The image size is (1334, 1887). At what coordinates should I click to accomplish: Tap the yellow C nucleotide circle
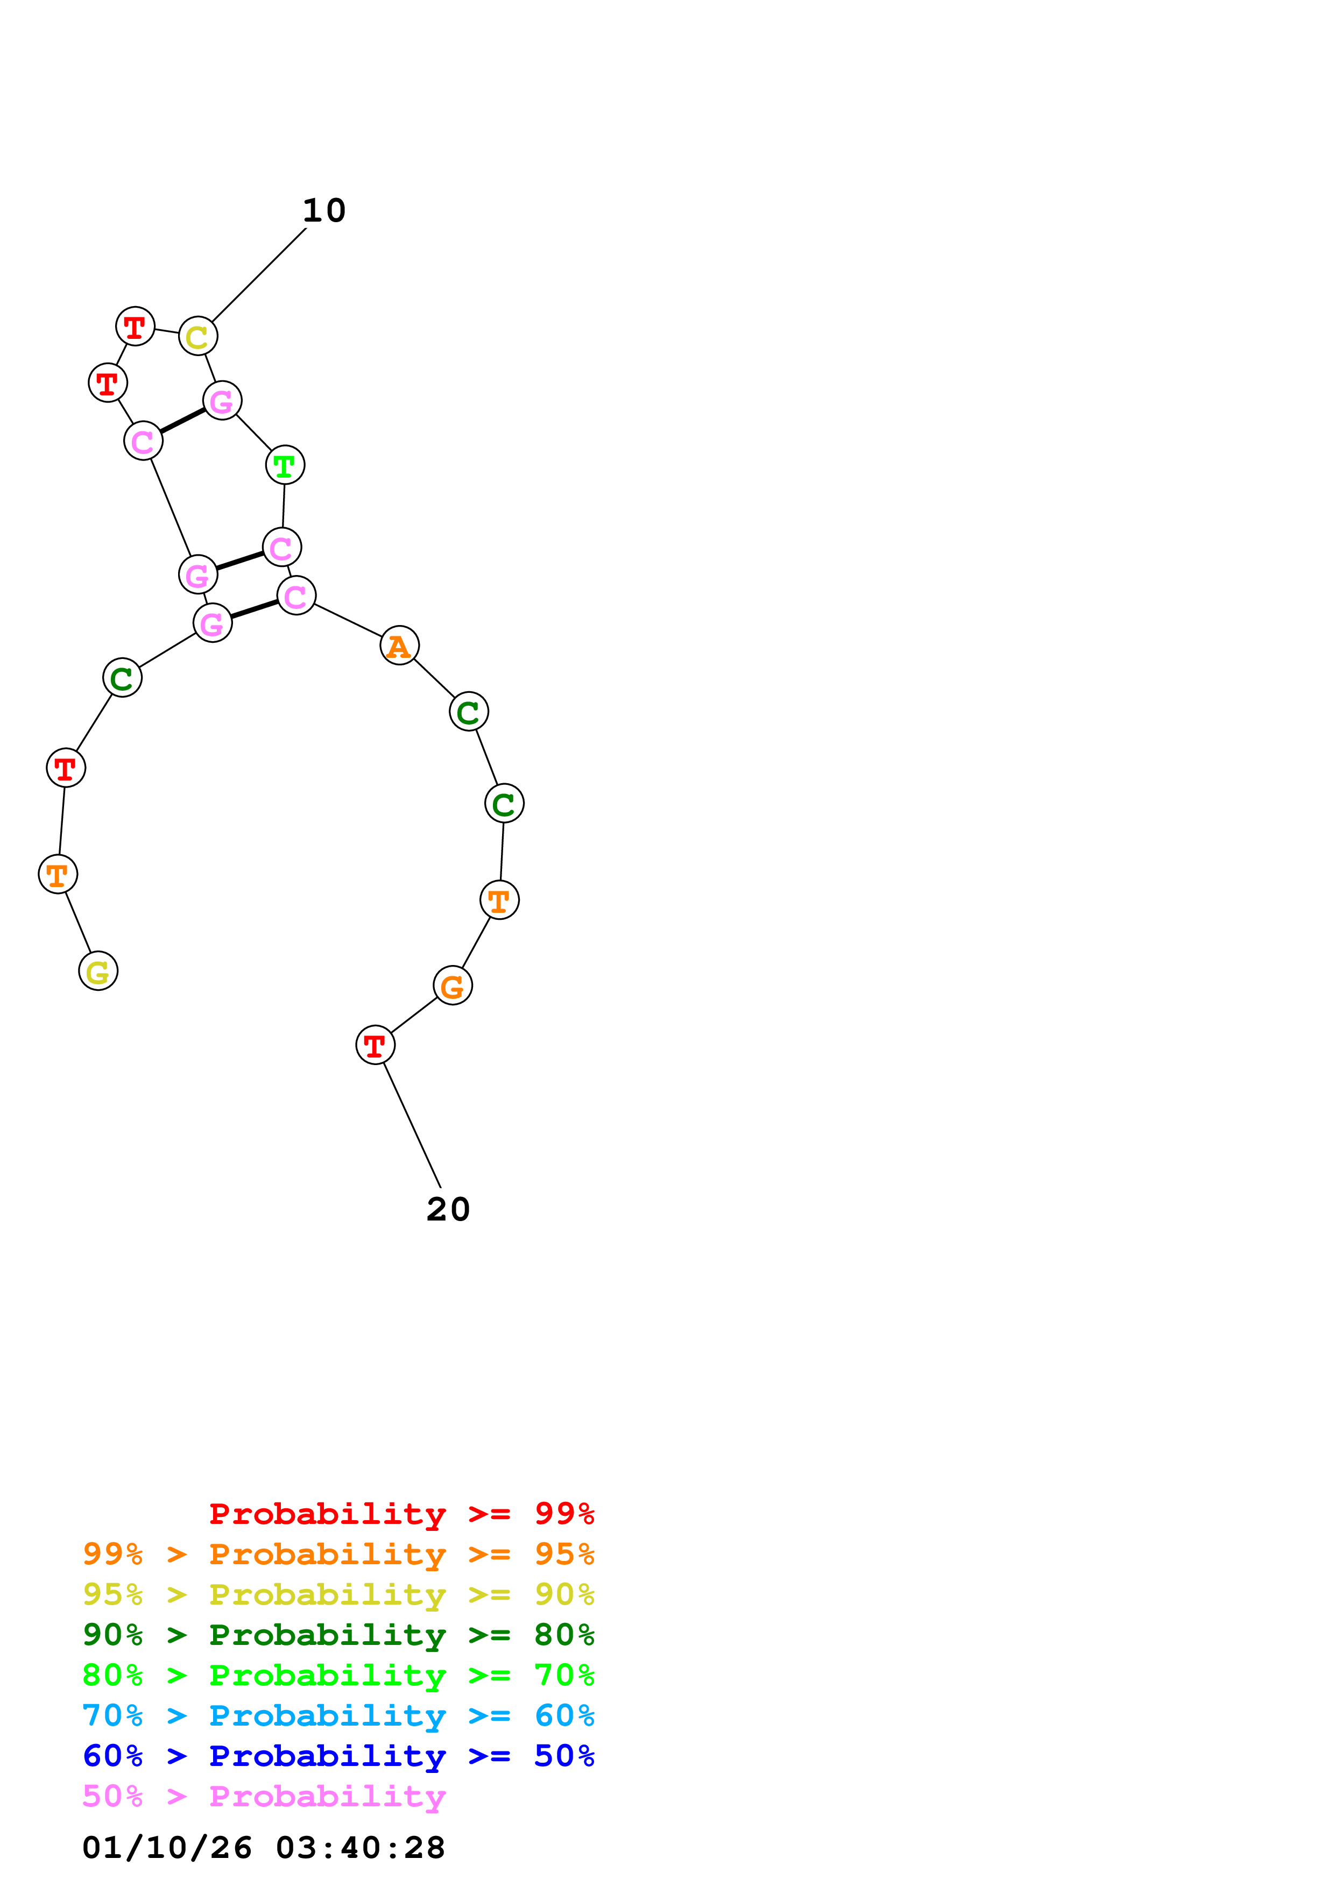click(x=198, y=336)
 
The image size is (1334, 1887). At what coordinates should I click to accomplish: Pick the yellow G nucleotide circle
click(x=98, y=971)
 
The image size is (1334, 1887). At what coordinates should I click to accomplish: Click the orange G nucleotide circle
click(x=453, y=985)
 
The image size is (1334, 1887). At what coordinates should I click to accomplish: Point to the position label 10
click(x=324, y=210)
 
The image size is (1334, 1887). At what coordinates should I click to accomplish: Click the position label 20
click(x=448, y=1209)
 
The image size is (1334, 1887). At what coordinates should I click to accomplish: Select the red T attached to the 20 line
click(x=376, y=1045)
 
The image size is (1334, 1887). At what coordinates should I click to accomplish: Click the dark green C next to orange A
click(x=469, y=712)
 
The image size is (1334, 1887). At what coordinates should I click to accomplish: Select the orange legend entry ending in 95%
click(x=338, y=1554)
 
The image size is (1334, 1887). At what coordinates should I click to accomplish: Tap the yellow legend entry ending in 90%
click(x=338, y=1594)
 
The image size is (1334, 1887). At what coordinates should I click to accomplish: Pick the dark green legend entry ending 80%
click(x=338, y=1635)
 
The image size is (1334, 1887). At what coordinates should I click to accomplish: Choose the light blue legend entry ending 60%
click(x=338, y=1715)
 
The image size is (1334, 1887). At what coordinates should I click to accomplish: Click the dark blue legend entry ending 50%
click(x=338, y=1756)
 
